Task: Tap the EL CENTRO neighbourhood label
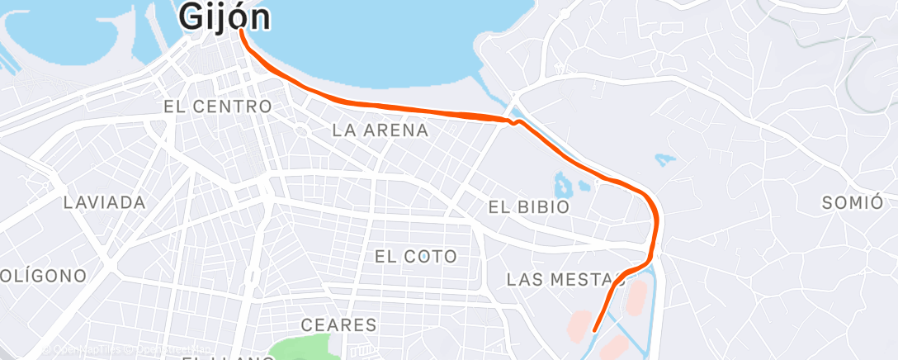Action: pyautogui.click(x=218, y=107)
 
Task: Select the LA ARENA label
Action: pyautogui.click(x=380, y=130)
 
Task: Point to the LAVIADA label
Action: pyautogui.click(x=105, y=202)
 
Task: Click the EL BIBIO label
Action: pyautogui.click(x=529, y=206)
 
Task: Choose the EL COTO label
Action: pyautogui.click(x=416, y=257)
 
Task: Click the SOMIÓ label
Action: pyautogui.click(x=853, y=203)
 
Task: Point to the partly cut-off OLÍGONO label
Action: pyautogui.click(x=43, y=276)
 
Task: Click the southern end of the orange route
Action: pyautogui.click(x=594, y=331)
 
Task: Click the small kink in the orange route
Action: pyautogui.click(x=514, y=122)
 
